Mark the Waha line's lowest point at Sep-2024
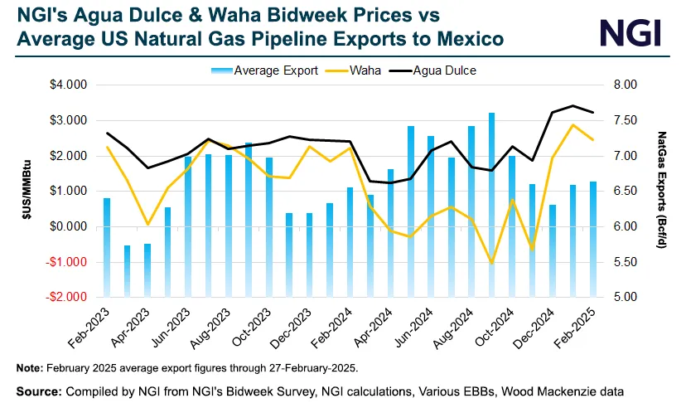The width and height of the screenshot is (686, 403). (x=491, y=264)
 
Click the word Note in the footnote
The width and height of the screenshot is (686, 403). (x=30, y=367)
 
